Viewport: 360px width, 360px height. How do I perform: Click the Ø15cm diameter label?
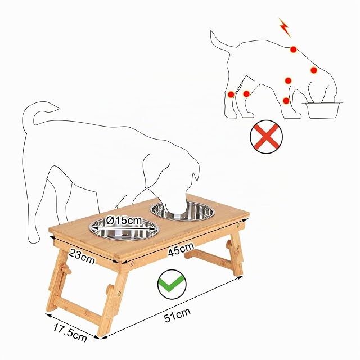124,221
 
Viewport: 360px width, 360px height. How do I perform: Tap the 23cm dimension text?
82,256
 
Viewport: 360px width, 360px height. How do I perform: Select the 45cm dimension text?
181,249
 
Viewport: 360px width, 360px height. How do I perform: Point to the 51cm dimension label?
178,315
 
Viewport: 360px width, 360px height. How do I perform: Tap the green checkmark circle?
172,284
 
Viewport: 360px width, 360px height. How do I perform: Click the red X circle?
266,137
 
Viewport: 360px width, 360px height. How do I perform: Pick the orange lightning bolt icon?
285,28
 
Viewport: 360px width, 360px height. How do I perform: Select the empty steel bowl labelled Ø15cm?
124,229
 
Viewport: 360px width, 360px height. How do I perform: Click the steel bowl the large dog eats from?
182,211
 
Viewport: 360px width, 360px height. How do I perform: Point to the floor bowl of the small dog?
322,110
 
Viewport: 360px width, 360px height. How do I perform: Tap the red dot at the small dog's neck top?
294,49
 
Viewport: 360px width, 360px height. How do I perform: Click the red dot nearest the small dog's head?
314,70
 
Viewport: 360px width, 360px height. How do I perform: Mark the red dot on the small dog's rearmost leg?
231,94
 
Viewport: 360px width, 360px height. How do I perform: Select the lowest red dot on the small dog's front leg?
286,101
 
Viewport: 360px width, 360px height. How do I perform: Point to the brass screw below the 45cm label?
132,263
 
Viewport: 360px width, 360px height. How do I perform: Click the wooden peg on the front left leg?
66,269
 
